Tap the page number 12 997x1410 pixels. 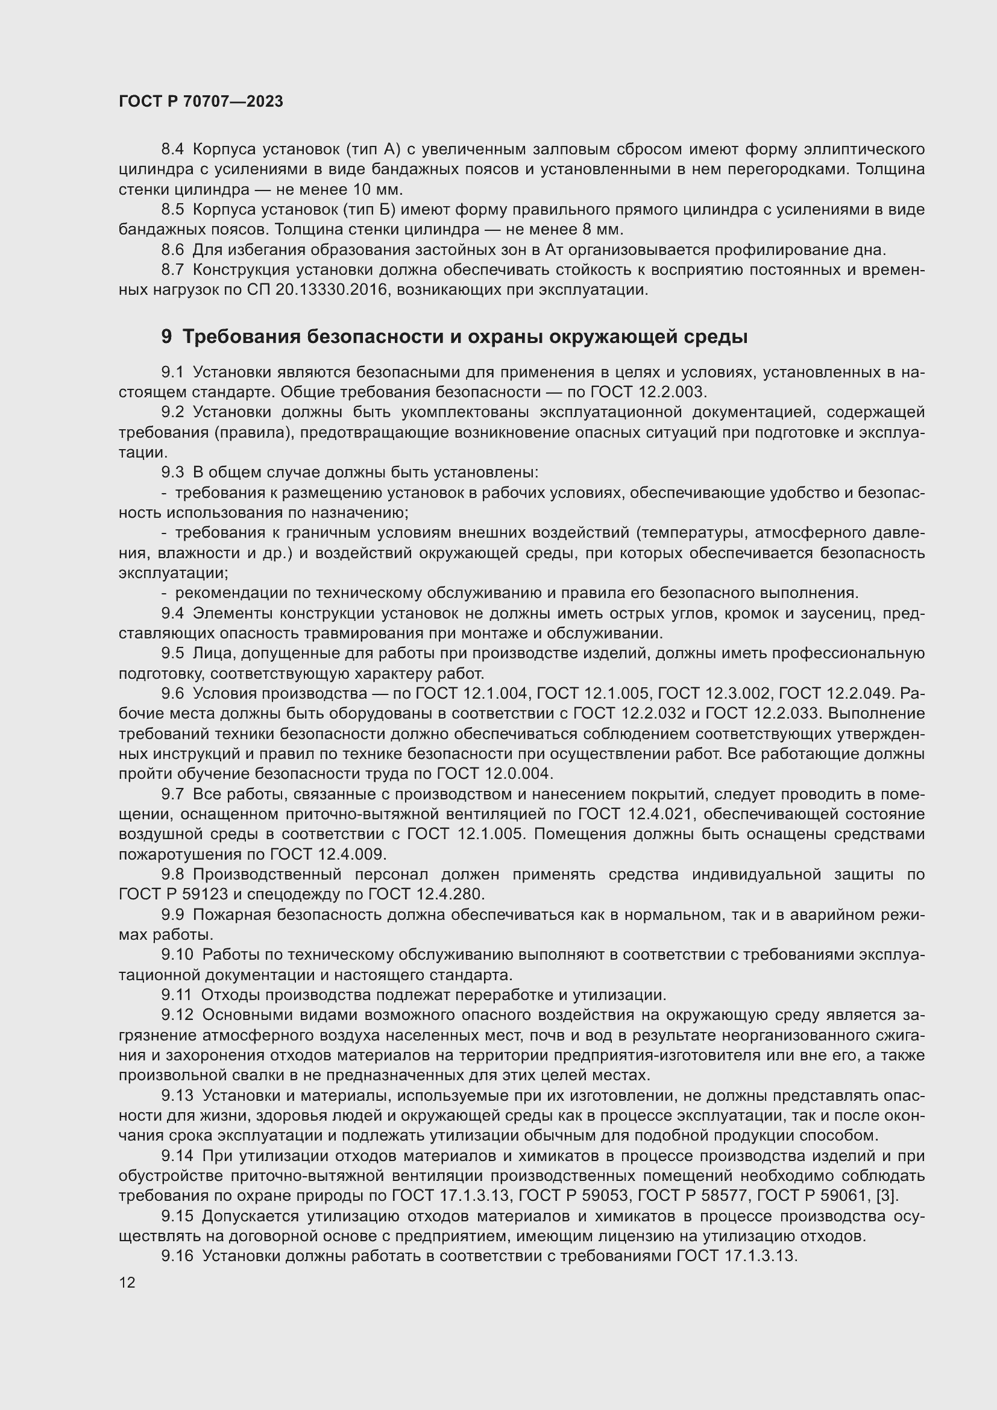click(127, 1282)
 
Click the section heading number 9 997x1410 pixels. click(167, 337)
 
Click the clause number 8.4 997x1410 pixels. click(172, 149)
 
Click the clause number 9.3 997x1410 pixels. click(172, 472)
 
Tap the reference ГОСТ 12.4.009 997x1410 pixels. click(327, 854)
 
